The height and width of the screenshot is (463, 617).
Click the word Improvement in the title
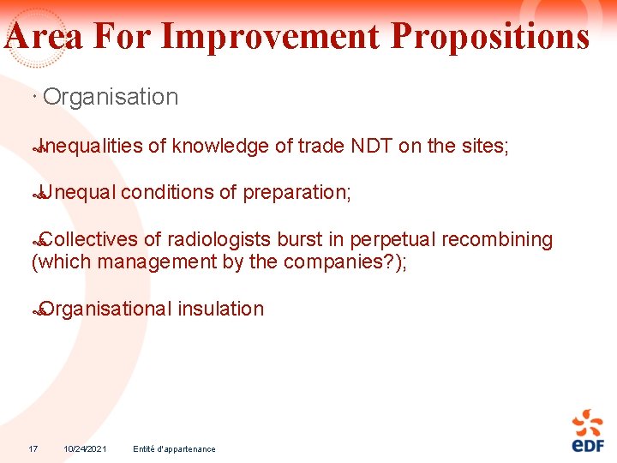click(x=269, y=37)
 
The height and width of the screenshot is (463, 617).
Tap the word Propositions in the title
click(x=489, y=37)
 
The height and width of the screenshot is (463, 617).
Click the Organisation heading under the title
click(x=111, y=97)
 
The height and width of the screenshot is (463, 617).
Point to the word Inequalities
click(x=91, y=147)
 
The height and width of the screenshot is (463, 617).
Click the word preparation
click(x=296, y=193)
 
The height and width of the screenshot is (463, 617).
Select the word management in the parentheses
click(x=158, y=262)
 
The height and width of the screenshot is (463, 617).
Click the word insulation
click(x=221, y=309)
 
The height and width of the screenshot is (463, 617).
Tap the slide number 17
click(x=33, y=448)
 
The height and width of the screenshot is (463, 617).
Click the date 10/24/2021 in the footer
click(x=85, y=448)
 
